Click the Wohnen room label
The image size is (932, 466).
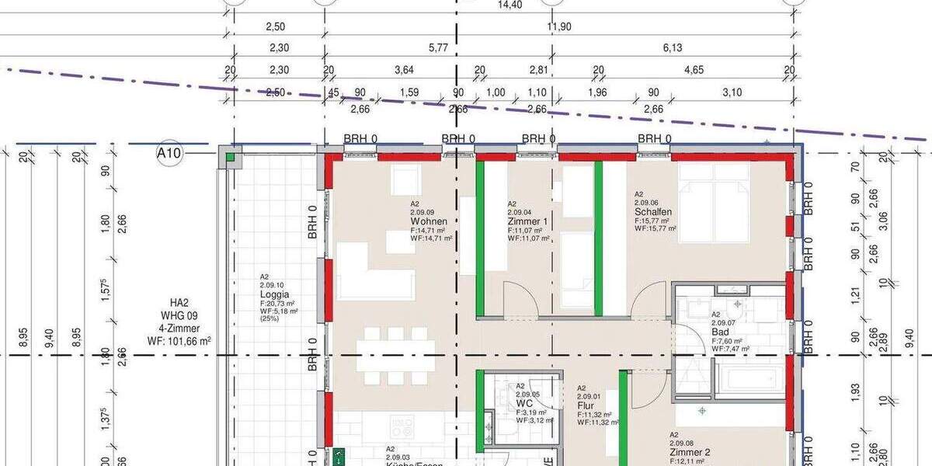tap(429, 221)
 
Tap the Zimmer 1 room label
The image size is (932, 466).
tap(528, 221)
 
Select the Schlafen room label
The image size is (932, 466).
tap(653, 211)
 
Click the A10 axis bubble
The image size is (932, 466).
tap(169, 153)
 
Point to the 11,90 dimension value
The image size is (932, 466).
tap(559, 26)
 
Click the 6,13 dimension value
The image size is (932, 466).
tap(672, 48)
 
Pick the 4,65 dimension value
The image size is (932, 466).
tap(694, 70)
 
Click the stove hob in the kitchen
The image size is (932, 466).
tap(402, 427)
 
